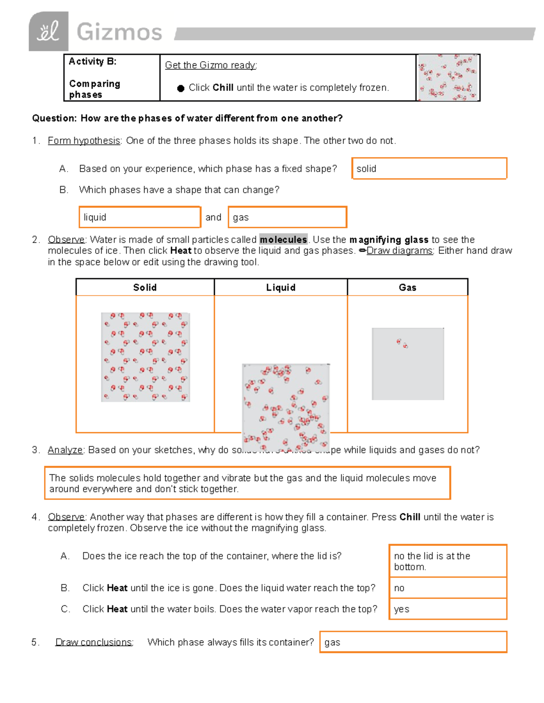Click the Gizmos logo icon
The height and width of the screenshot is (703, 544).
(49, 32)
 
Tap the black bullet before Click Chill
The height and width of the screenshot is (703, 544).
(180, 88)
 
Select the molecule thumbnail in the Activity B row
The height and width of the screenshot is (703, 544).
(448, 78)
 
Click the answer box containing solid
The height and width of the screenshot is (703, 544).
(429, 169)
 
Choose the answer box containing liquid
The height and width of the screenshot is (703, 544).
(140, 217)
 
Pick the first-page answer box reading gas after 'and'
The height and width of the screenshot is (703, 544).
(287, 217)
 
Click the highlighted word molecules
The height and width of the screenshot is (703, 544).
(283, 239)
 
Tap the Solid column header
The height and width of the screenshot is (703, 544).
(145, 287)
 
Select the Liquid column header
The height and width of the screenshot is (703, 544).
(281, 287)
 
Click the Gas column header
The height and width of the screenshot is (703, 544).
(407, 287)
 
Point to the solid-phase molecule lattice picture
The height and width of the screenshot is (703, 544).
(145, 357)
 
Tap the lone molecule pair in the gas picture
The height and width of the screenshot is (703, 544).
(402, 344)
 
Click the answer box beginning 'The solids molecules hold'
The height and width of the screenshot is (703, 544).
(247, 483)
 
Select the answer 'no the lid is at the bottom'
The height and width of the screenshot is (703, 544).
(447, 561)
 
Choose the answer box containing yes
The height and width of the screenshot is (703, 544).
(447, 609)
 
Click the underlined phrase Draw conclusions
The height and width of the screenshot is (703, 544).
(94, 642)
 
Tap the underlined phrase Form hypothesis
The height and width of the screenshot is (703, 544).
(84, 141)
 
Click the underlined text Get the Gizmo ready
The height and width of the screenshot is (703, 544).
(211, 65)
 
